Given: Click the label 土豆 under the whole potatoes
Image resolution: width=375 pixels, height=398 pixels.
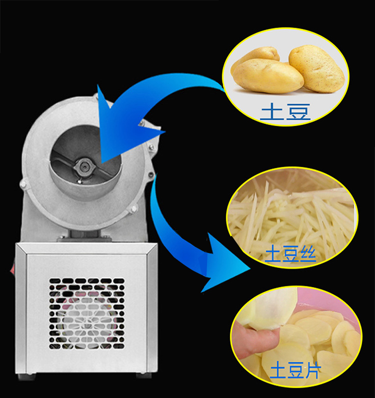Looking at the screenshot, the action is tap(285, 112).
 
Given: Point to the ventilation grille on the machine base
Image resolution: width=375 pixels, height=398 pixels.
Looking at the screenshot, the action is tap(87, 313).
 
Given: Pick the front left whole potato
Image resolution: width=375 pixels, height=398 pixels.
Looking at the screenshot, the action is tap(267, 76).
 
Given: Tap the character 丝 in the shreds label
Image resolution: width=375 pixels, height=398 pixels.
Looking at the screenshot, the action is tap(308, 254).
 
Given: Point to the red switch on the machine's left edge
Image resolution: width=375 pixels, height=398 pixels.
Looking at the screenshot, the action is tap(12, 270).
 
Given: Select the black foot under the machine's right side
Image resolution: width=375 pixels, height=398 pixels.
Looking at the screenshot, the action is tap(143, 376).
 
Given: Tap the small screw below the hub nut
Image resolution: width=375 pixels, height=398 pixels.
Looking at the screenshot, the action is tap(80, 181).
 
